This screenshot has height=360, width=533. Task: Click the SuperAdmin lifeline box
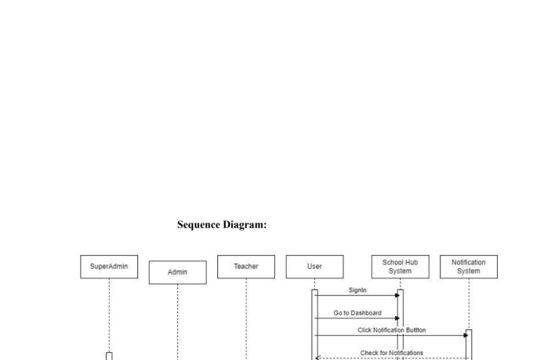(x=109, y=267)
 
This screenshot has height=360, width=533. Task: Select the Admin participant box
(x=178, y=272)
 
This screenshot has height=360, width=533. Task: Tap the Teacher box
(x=246, y=267)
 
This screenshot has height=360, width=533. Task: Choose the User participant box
(x=315, y=267)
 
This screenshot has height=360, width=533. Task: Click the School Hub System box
(x=401, y=267)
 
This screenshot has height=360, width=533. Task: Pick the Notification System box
(x=469, y=267)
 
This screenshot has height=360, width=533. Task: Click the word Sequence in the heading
(x=199, y=225)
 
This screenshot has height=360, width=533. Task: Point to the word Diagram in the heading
(x=245, y=225)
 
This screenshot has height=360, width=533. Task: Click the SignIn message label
(x=357, y=290)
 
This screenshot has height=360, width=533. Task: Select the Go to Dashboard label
(x=357, y=313)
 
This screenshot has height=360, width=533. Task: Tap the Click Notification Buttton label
(x=392, y=330)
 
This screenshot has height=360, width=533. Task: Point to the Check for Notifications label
(x=392, y=353)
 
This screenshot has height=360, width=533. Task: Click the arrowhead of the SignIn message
(x=397, y=296)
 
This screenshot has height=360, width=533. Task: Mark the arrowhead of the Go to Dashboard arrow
(x=397, y=318)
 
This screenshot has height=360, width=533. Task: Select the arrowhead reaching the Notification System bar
(x=466, y=335)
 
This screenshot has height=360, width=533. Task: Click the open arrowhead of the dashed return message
(x=317, y=358)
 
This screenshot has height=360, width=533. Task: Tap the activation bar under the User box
(x=315, y=325)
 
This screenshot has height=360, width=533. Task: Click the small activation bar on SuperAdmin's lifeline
(x=109, y=356)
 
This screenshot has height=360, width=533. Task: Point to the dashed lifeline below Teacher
(x=246, y=319)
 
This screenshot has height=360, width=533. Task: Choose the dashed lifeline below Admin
(x=178, y=322)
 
